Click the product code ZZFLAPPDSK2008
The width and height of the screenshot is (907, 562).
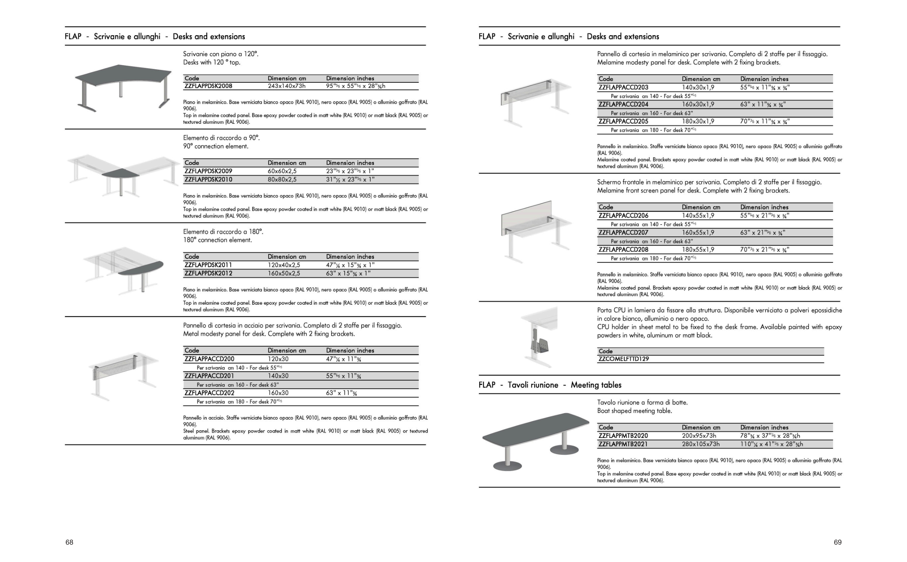[x=208, y=86]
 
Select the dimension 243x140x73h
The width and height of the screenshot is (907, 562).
[x=287, y=86]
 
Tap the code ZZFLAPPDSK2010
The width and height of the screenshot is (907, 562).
[x=208, y=180]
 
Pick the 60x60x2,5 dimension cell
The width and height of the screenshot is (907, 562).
[x=282, y=171]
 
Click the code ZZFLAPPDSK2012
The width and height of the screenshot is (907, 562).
[x=208, y=274]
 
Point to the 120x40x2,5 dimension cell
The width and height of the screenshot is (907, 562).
[x=283, y=265]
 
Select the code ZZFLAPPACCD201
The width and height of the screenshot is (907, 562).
[x=209, y=376]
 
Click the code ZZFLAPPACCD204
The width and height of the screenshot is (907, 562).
[x=623, y=104]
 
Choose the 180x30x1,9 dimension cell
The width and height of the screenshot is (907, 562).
[x=697, y=122]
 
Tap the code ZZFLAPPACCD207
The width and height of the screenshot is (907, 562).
[x=623, y=233]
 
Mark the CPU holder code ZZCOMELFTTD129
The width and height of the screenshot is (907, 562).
[x=624, y=359]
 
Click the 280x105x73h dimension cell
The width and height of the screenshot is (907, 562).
[x=701, y=444]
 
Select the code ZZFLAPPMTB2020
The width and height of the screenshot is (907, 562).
[x=623, y=436]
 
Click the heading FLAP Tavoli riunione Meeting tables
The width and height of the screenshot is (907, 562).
[x=550, y=385]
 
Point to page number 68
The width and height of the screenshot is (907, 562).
[x=70, y=542]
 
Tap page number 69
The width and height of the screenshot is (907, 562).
[x=837, y=542]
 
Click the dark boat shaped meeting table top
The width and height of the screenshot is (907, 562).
[x=535, y=431]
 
